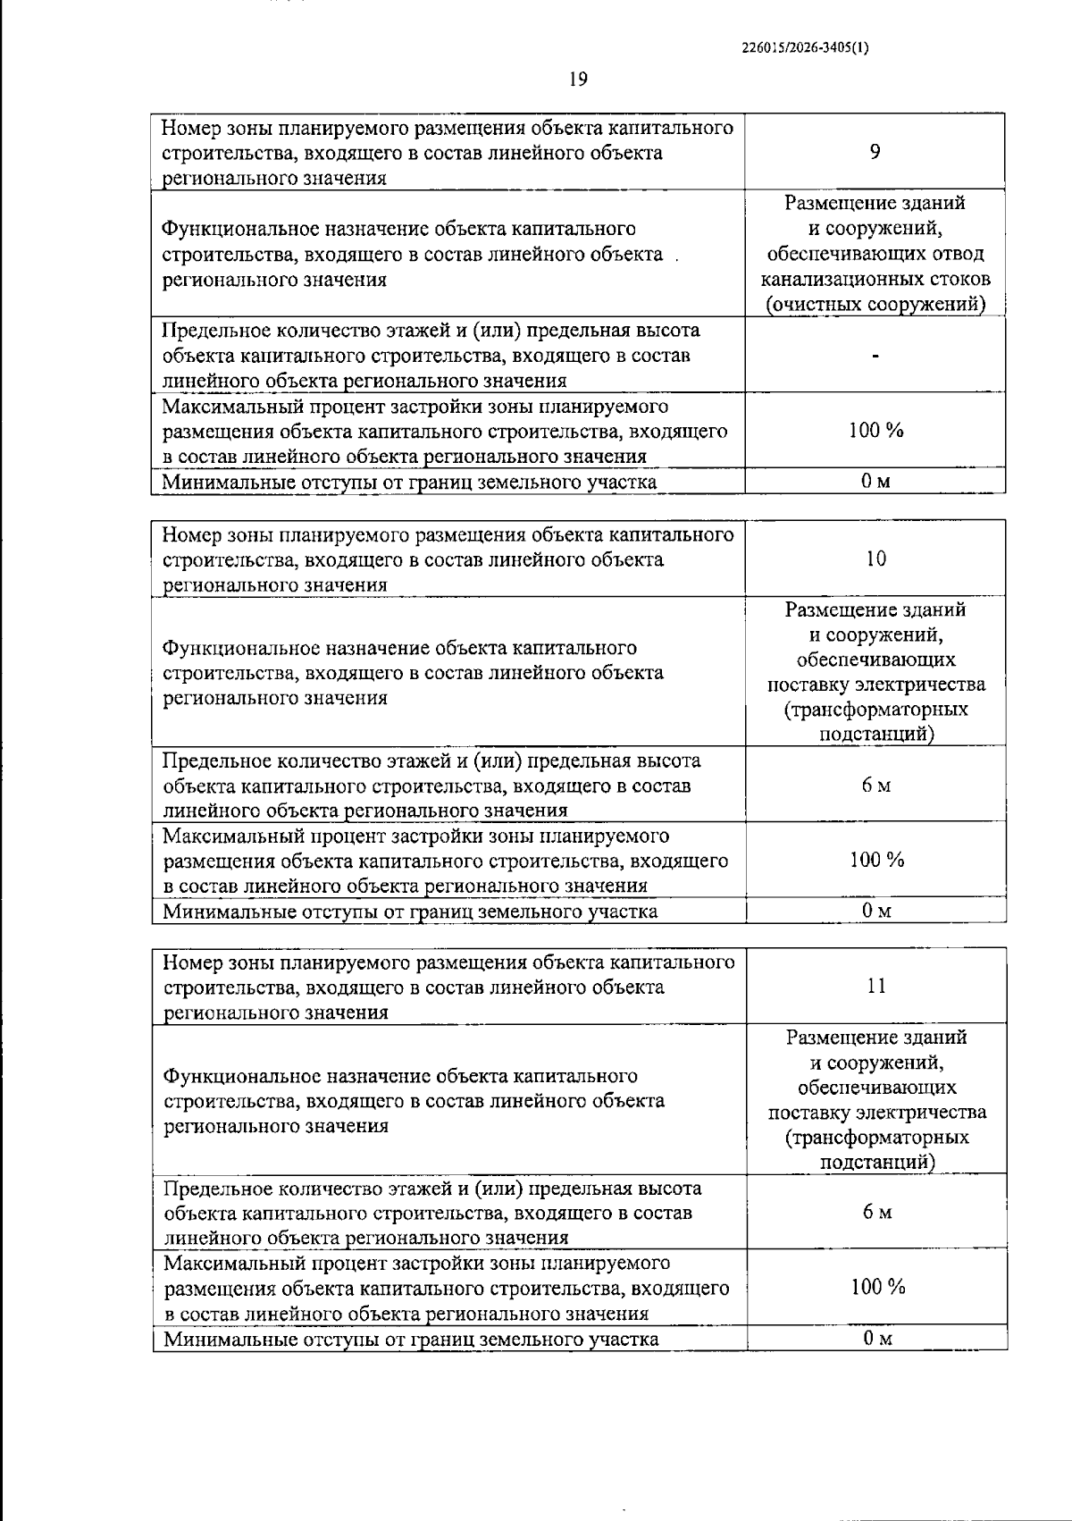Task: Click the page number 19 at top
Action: [578, 80]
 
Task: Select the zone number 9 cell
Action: [875, 152]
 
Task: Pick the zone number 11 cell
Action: [876, 986]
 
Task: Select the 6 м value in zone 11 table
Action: [877, 1213]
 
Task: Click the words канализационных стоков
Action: [875, 280]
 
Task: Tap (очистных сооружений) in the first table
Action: [875, 305]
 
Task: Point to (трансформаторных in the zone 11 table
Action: [877, 1138]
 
